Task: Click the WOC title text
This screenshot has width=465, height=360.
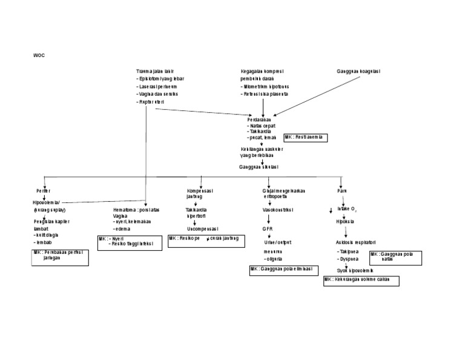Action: tap(39, 55)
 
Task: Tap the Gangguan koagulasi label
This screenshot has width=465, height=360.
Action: tap(358, 71)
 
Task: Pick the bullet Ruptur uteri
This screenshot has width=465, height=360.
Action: tap(151, 102)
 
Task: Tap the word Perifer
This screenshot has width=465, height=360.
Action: tap(43, 190)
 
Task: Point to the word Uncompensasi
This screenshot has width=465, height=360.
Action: tap(202, 229)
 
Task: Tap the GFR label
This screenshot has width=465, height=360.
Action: tap(268, 229)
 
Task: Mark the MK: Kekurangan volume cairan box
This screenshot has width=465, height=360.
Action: tap(361, 280)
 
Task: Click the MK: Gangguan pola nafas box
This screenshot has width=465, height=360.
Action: tap(394, 257)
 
